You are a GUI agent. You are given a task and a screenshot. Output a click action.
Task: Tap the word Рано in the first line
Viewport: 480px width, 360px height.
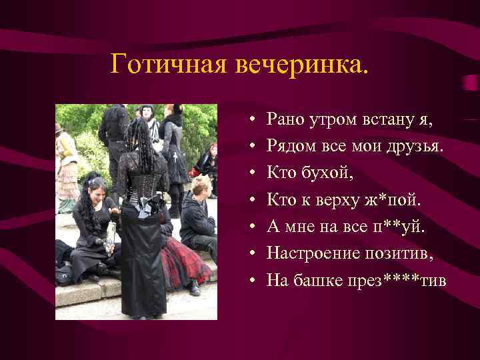(x=284, y=120)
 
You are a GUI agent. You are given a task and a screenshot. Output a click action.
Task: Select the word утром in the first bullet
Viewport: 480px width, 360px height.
(x=331, y=121)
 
